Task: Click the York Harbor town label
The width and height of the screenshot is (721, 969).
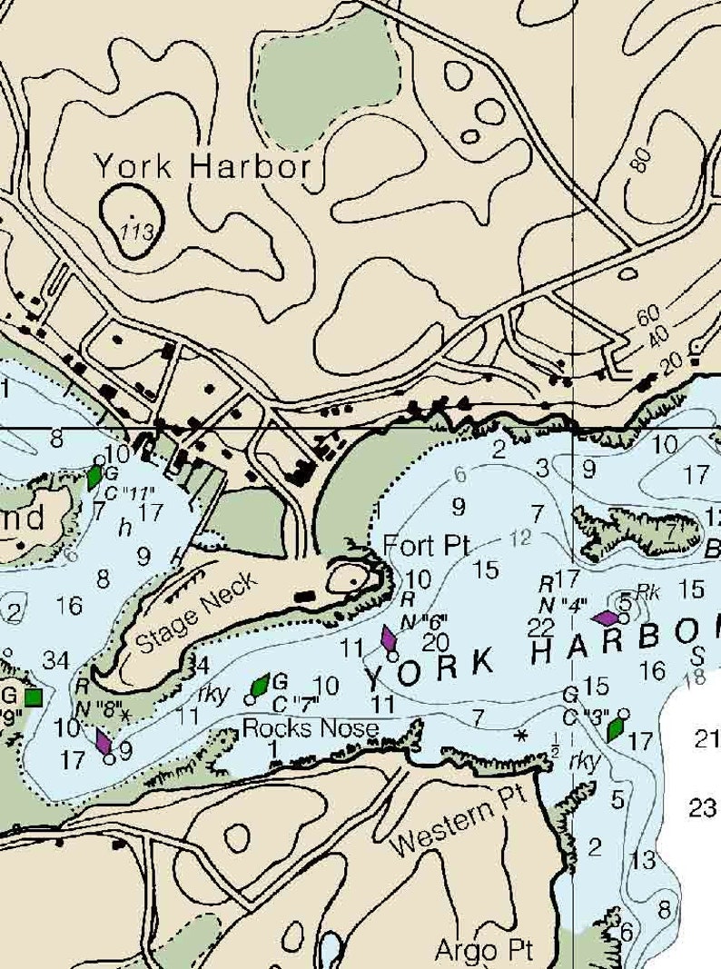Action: point(202,166)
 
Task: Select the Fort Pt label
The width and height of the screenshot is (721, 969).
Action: point(426,545)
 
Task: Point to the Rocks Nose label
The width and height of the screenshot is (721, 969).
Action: point(311,727)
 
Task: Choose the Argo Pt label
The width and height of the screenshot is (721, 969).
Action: point(479,950)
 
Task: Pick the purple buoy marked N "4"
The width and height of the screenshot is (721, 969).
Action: point(606,618)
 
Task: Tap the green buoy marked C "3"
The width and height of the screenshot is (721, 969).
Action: point(616,727)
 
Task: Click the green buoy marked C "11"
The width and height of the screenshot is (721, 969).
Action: point(94,477)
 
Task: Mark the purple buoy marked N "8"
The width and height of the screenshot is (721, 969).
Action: point(104,742)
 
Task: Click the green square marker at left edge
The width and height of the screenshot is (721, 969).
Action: point(34,697)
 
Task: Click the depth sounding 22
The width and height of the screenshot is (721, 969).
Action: point(541,627)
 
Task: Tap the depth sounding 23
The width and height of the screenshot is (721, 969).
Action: point(703,806)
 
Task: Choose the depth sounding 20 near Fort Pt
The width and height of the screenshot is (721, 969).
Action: point(436,640)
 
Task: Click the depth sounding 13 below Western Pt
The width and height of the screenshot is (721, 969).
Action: point(642,859)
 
